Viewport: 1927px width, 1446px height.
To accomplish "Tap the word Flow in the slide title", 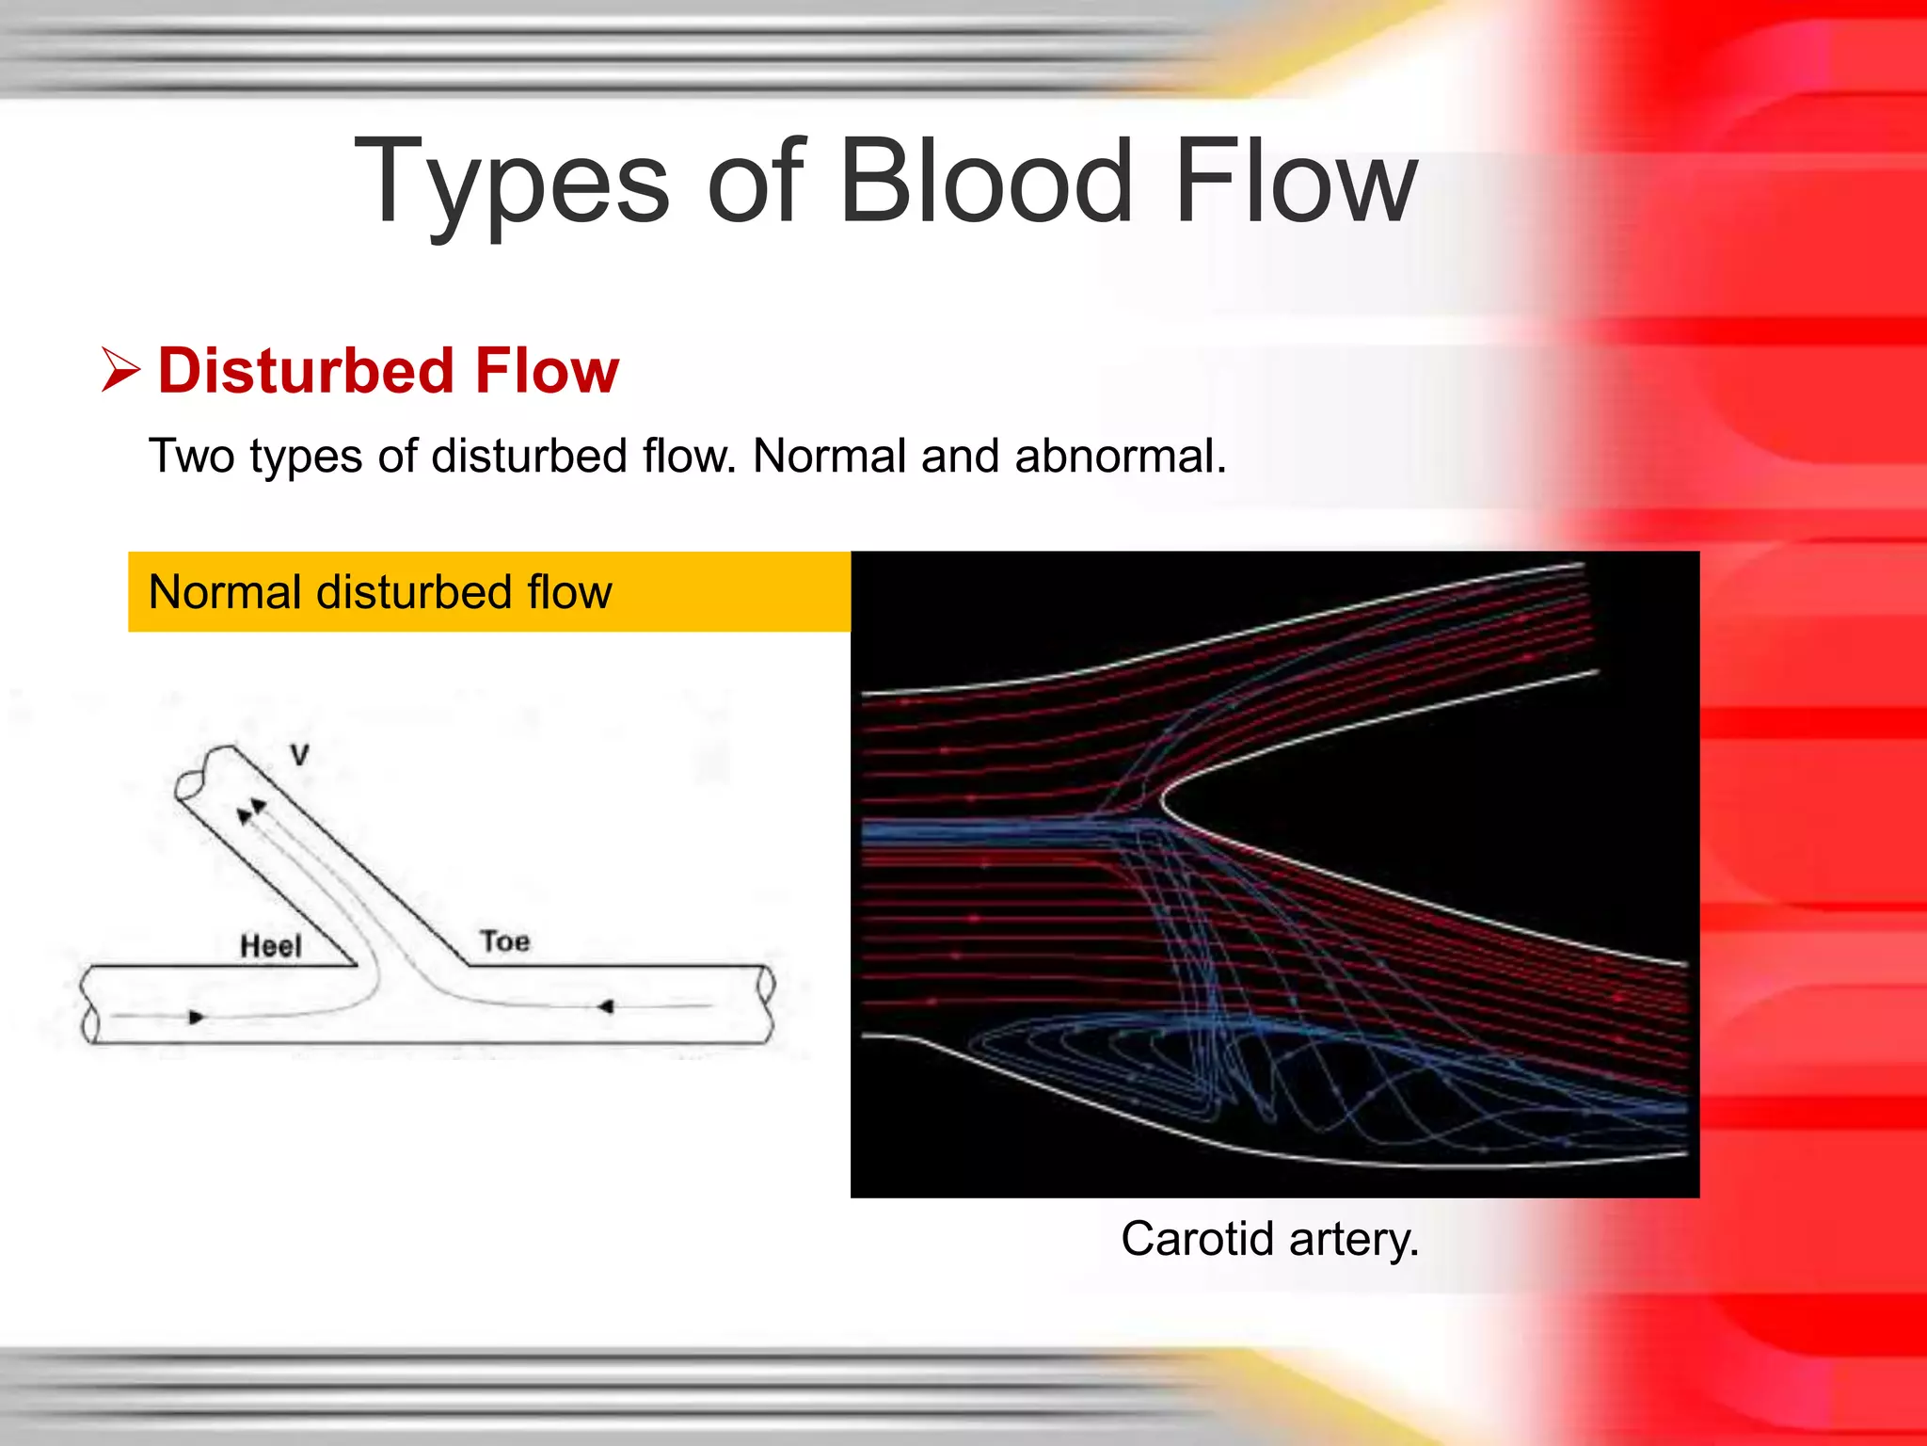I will click(x=1296, y=181).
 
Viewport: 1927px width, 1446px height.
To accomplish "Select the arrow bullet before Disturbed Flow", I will click(x=121, y=370).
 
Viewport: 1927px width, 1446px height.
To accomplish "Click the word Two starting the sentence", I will click(x=191, y=457).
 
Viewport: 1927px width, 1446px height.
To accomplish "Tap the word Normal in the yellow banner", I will click(x=225, y=593).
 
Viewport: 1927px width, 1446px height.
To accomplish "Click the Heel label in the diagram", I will click(x=271, y=945).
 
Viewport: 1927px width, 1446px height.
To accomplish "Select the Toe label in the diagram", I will click(x=505, y=940).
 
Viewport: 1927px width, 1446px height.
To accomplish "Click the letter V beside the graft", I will click(x=300, y=755).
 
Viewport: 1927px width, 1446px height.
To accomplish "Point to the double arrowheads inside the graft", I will click(x=251, y=811).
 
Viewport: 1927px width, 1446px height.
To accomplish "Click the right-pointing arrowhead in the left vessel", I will click(x=197, y=1017).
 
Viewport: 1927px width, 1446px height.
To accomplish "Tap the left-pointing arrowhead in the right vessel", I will click(x=606, y=1007).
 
